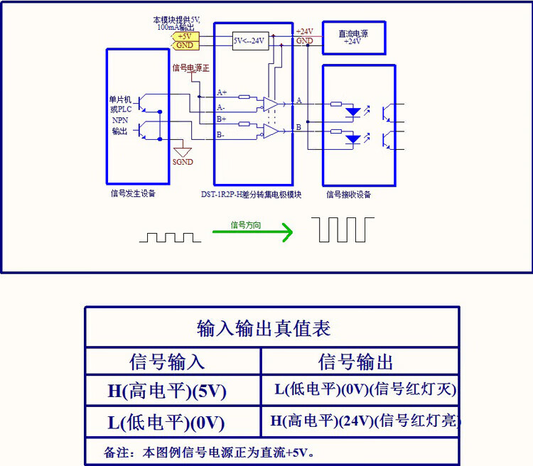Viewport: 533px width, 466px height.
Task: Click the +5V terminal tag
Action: coord(185,36)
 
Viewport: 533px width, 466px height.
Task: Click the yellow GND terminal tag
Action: coord(185,45)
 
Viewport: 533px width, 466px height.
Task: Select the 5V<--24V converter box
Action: coord(249,40)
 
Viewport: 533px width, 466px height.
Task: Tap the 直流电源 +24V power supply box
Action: coord(353,37)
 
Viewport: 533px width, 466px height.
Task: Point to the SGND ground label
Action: coord(183,162)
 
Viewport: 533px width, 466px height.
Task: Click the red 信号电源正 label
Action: coord(192,68)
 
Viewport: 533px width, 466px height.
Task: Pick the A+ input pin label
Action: coord(221,93)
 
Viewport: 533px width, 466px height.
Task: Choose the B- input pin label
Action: coord(221,134)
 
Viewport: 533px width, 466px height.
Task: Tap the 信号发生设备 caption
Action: coord(133,193)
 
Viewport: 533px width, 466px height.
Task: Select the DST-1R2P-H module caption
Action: coord(253,194)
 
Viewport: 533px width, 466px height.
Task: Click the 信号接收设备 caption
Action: coord(348,194)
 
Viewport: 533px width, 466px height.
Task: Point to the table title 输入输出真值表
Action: coord(264,328)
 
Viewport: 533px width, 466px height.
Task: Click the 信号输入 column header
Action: coord(167,362)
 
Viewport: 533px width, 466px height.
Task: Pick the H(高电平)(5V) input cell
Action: coord(167,390)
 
